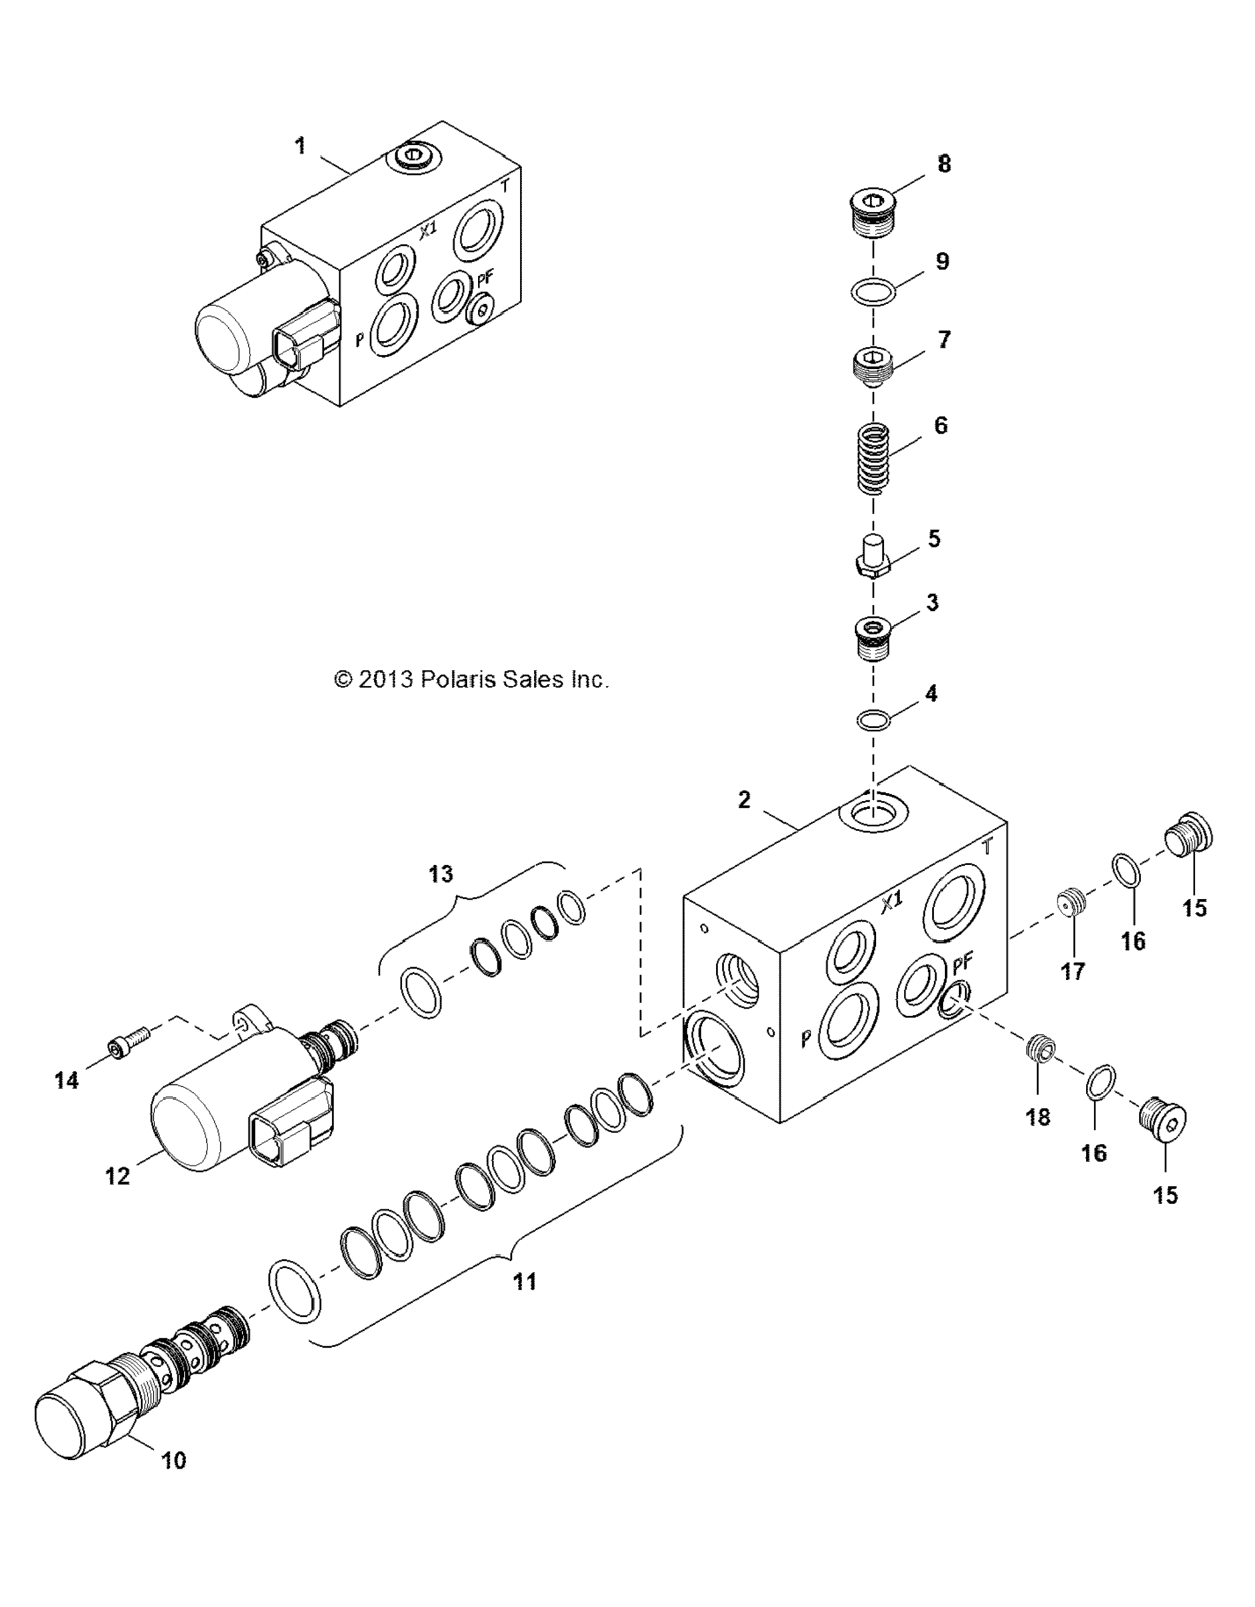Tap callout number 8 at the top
(943, 163)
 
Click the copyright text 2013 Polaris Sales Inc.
(471, 679)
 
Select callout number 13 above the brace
(441, 874)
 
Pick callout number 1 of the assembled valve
(299, 145)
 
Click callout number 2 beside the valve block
(744, 800)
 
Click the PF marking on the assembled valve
(485, 278)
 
